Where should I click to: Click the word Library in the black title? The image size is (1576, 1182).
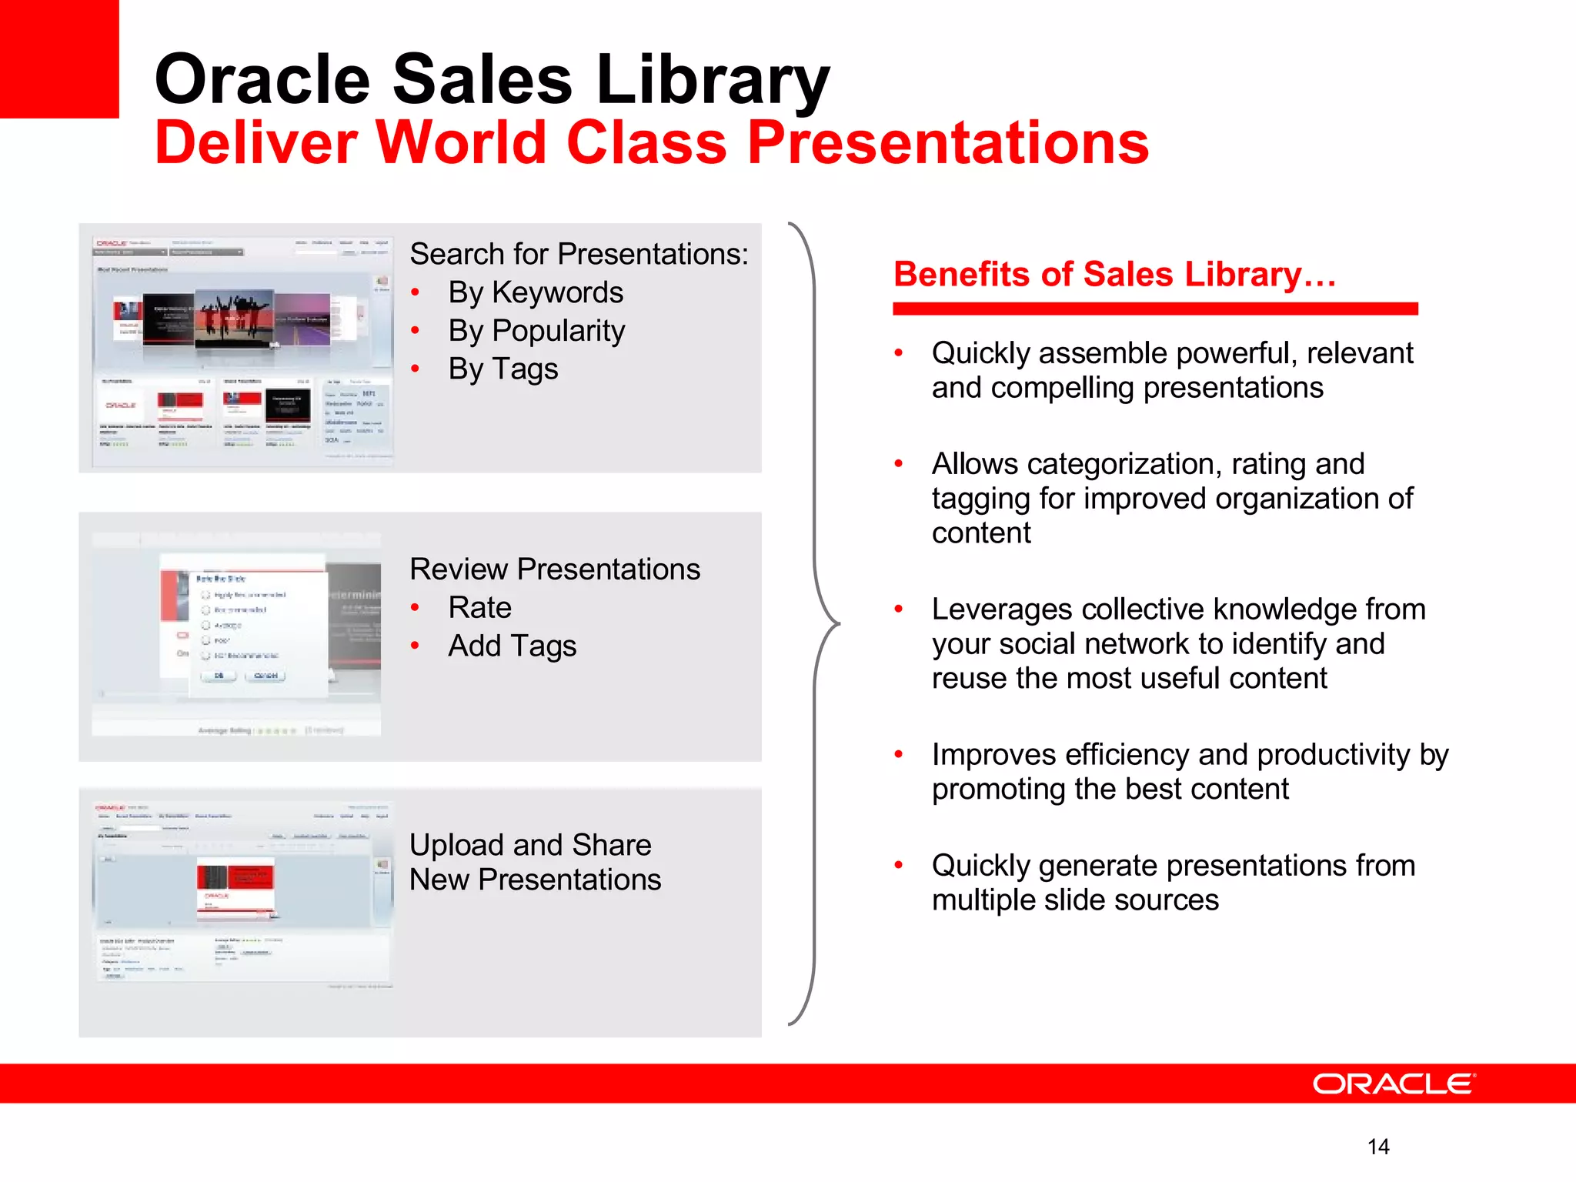713,80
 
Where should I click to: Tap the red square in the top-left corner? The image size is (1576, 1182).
58,58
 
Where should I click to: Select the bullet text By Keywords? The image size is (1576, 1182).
536,292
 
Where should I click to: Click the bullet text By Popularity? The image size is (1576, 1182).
536,331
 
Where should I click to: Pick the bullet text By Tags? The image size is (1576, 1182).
503,369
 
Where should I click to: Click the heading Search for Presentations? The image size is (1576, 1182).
579,254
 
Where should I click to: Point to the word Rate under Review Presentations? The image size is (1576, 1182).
479,608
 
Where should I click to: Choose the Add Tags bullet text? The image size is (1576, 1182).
512,646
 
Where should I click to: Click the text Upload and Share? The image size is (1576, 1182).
530,845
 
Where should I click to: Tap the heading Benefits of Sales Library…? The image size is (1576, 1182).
1114,275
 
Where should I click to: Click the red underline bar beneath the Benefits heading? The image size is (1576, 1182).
1154,309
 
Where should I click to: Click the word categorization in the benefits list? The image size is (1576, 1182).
1124,464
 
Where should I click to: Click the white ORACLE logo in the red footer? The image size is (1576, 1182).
1394,1083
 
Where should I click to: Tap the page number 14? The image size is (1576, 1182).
1378,1147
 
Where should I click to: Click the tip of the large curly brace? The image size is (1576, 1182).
836,623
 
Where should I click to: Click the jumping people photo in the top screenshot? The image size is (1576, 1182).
234,319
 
